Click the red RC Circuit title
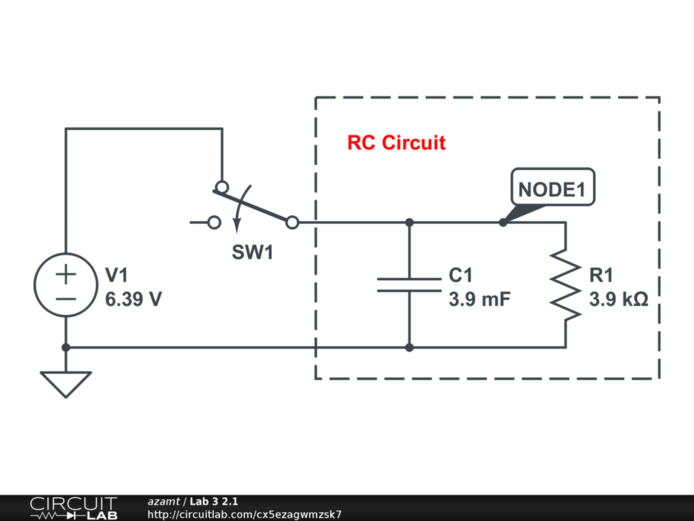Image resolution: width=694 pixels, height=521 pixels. [x=396, y=143]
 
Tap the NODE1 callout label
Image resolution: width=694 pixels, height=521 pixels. [x=552, y=190]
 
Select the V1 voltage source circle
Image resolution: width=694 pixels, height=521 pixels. [x=66, y=285]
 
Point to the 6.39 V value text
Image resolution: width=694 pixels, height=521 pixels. [x=134, y=298]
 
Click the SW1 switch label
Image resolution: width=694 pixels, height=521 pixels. [x=252, y=253]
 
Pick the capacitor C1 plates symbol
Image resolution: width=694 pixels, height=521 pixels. [x=409, y=285]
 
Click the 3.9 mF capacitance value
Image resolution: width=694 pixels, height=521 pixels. [x=479, y=298]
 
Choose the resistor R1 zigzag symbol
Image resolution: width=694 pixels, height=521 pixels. [x=565, y=285]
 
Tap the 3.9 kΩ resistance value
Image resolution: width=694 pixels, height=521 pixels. [x=618, y=298]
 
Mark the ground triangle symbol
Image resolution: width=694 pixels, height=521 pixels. [x=66, y=384]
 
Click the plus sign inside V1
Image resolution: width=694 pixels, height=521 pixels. [x=66, y=275]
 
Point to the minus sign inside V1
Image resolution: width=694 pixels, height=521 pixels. [x=66, y=298]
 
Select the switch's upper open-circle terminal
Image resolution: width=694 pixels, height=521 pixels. [x=221, y=187]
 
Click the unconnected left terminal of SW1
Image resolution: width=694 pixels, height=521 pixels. [x=214, y=223]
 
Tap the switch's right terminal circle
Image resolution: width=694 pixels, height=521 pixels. [x=292, y=223]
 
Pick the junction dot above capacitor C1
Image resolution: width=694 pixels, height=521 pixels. [x=409, y=223]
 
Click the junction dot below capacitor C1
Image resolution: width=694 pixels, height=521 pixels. [x=409, y=347]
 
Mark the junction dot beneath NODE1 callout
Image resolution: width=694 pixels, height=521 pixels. [x=502, y=223]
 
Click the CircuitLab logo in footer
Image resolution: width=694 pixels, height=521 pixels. [x=73, y=508]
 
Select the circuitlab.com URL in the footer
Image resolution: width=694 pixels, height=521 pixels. [x=245, y=514]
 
